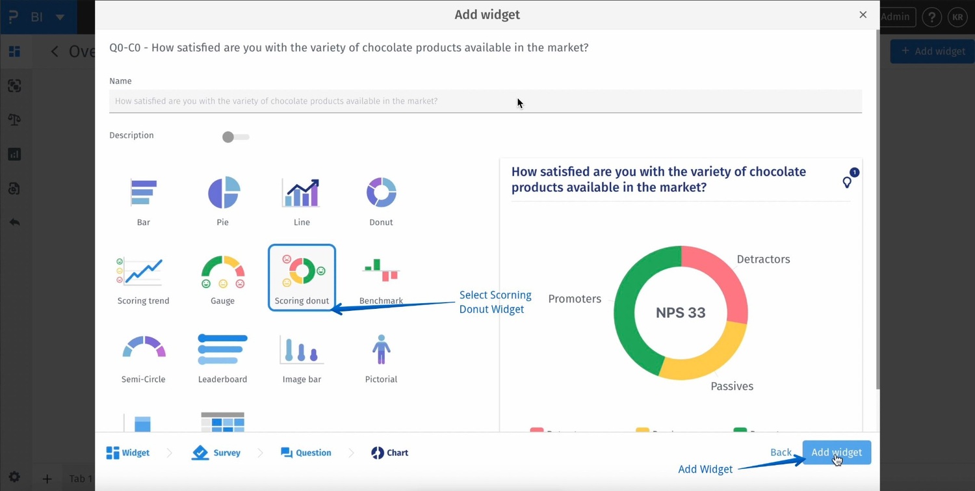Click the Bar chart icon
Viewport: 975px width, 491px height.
click(144, 192)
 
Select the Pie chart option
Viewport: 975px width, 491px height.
click(223, 192)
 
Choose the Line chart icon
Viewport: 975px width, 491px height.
click(302, 192)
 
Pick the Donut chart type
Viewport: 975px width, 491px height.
click(381, 192)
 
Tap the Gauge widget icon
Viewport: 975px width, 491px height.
click(223, 272)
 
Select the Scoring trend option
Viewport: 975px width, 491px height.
click(143, 272)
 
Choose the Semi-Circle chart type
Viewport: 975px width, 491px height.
click(144, 349)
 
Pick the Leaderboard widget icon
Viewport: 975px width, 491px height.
click(223, 349)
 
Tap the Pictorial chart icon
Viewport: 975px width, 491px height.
click(381, 350)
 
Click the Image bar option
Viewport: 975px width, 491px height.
click(302, 350)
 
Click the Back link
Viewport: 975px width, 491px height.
click(781, 453)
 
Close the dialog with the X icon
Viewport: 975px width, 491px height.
click(863, 15)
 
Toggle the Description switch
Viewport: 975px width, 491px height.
click(235, 137)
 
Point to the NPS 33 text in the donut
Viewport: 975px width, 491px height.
click(681, 313)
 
